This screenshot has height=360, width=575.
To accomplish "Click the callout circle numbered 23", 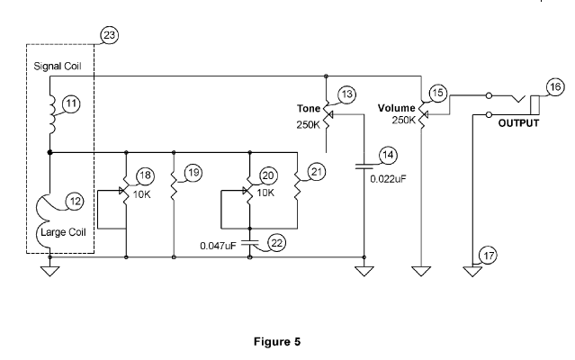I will [110, 36].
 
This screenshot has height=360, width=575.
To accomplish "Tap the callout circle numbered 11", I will [72, 103].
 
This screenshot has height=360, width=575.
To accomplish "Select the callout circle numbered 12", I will [72, 203].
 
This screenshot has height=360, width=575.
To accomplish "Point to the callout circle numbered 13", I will [346, 95].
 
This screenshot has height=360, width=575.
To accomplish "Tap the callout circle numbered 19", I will [191, 173].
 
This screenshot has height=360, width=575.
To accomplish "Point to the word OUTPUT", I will [518, 123].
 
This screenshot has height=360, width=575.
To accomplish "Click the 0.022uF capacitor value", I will [389, 179].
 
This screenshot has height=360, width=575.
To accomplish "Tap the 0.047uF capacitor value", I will [220, 245].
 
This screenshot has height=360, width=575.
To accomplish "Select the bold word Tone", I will [310, 109].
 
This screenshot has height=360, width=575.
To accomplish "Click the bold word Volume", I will [397, 108].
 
